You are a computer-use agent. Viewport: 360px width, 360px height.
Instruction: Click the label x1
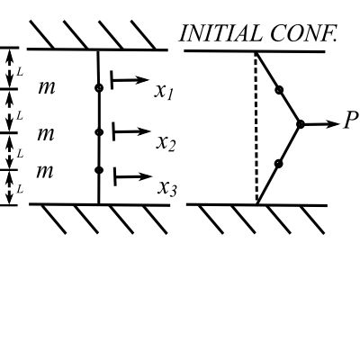(x=164, y=91)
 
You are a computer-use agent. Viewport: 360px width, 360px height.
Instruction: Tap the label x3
(x=167, y=189)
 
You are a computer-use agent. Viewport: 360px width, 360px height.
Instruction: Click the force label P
(x=351, y=121)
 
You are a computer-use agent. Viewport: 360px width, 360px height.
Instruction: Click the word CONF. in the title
(x=303, y=33)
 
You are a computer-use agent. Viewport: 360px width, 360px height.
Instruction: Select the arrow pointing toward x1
(x=130, y=80)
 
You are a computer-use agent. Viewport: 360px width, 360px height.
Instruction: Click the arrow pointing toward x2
(x=131, y=131)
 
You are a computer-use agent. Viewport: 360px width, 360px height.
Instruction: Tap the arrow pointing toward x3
(x=133, y=176)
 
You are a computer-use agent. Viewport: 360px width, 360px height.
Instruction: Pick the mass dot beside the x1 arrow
(x=99, y=88)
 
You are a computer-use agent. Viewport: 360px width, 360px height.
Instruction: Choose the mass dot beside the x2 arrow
(x=99, y=132)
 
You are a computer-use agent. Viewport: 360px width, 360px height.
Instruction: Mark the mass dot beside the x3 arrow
(x=99, y=170)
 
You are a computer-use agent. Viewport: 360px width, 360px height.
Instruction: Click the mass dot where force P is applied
(x=301, y=124)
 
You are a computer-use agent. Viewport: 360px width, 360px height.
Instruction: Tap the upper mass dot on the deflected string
(x=279, y=89)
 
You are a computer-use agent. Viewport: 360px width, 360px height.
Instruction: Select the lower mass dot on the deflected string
(x=279, y=164)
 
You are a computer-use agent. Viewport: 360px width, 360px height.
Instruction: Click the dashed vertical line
(x=256, y=128)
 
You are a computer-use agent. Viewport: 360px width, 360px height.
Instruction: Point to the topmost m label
(x=47, y=88)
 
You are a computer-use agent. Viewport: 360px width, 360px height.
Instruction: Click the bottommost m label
(x=45, y=172)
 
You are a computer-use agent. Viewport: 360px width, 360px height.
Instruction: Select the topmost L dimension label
(x=20, y=72)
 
